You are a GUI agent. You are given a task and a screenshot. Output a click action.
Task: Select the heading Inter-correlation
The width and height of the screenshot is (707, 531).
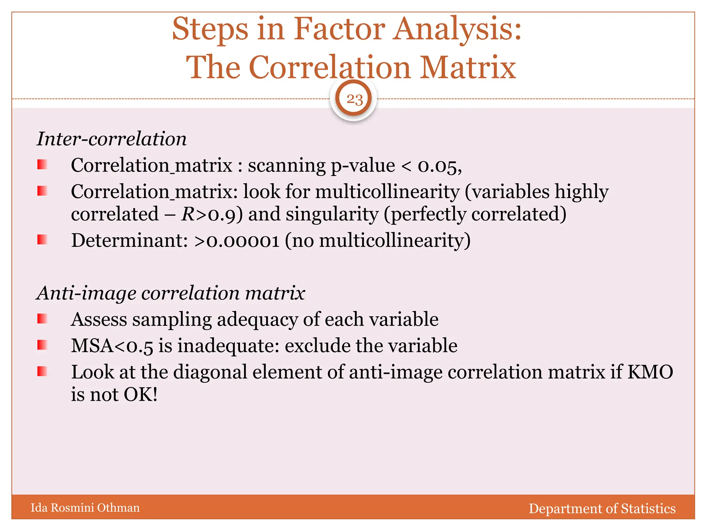point(112,139)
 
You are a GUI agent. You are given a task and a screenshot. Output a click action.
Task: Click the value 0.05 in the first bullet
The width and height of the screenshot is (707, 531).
point(439,166)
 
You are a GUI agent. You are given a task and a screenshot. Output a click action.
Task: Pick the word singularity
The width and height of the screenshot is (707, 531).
point(332,214)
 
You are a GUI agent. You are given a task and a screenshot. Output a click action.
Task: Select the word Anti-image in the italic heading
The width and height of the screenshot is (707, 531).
point(86,293)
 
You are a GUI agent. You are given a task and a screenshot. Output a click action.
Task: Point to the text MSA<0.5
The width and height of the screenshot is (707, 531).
point(112,346)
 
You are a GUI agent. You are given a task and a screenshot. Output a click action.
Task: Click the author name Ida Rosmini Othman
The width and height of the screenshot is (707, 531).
point(85,507)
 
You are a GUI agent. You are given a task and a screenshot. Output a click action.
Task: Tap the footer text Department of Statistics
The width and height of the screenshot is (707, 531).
point(602,509)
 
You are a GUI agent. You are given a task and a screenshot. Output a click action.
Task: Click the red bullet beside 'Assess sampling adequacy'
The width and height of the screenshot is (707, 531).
point(42,319)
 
